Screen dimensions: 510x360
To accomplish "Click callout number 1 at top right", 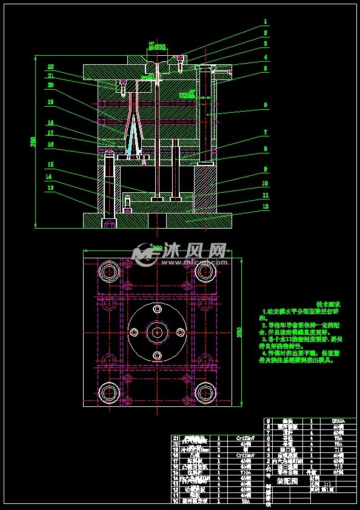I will [x=265, y=21].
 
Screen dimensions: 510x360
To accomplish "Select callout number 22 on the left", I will [x=51, y=67].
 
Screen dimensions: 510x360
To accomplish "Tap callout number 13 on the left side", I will [x=50, y=187].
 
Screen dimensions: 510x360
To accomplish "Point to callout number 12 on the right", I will [x=265, y=206].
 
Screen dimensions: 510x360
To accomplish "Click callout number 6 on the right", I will [x=265, y=105].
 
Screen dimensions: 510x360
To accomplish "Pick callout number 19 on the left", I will [x=51, y=102].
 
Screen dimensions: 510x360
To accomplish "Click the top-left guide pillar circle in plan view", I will [x=110, y=270].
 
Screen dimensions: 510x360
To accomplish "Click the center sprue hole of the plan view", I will [x=158, y=332].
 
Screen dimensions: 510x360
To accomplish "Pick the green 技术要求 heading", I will [x=328, y=304].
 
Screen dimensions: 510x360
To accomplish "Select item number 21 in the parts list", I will [x=176, y=437].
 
